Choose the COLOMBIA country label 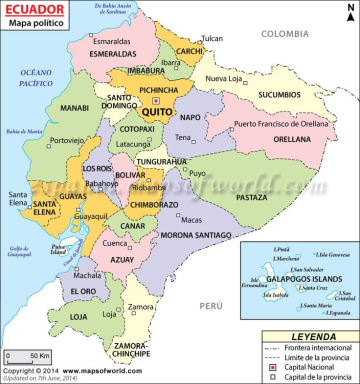tap(283, 33)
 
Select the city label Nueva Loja tap(224, 78)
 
